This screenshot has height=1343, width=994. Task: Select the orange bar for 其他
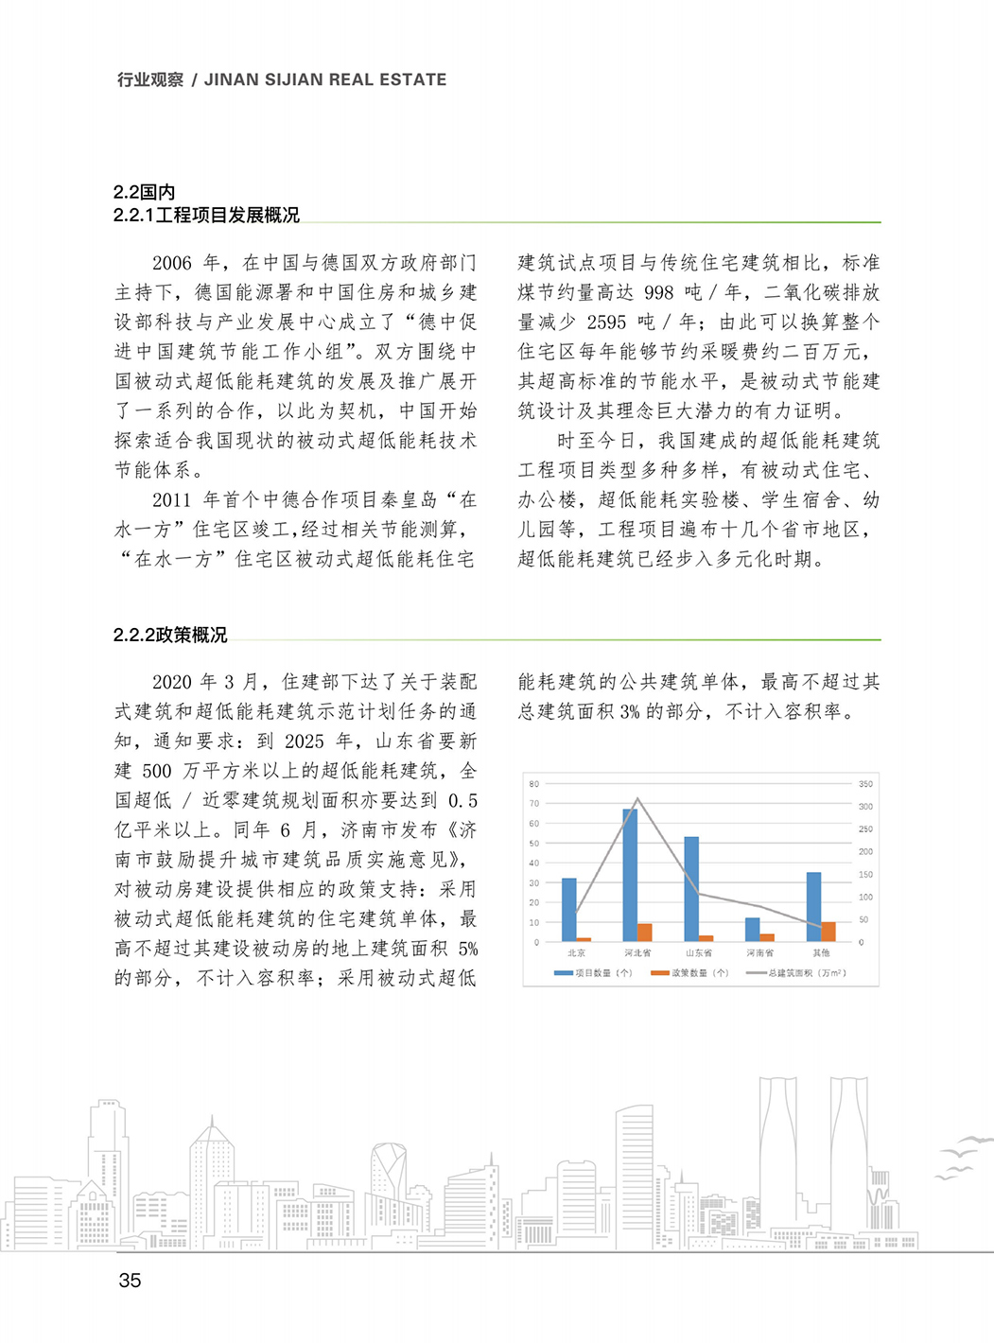(828, 932)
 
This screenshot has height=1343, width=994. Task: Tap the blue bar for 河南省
(752, 930)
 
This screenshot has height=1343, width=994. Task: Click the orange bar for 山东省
(706, 938)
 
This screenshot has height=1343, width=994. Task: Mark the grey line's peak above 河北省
(637, 799)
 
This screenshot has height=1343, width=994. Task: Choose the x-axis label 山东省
(699, 953)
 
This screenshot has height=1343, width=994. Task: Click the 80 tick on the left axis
(534, 784)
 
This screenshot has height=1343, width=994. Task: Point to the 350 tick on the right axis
(865, 784)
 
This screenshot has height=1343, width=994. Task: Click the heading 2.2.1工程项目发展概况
(206, 215)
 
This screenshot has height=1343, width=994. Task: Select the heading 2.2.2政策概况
(170, 635)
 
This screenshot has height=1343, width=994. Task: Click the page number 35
(130, 1281)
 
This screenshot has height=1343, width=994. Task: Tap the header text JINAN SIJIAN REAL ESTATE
(325, 80)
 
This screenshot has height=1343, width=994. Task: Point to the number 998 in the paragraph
(658, 292)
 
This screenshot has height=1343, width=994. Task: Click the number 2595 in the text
(606, 322)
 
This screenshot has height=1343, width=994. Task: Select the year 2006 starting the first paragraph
(171, 263)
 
